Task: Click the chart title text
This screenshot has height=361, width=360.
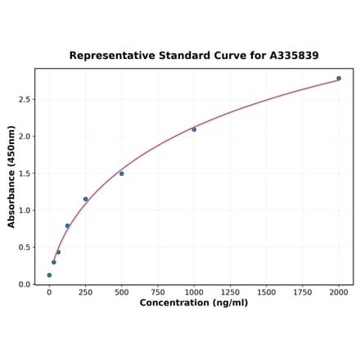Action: click(x=194, y=56)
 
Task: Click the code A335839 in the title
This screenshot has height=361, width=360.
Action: click(x=290, y=56)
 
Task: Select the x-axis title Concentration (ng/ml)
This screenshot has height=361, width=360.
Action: click(x=194, y=303)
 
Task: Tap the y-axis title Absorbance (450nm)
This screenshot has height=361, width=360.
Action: click(x=11, y=176)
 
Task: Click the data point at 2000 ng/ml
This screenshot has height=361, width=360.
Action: click(x=339, y=79)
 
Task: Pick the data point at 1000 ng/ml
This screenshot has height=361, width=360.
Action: click(x=194, y=129)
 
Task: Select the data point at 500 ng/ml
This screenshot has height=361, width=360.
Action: click(x=122, y=174)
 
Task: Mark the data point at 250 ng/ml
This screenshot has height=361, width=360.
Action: click(x=85, y=199)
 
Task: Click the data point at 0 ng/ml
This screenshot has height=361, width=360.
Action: click(x=49, y=275)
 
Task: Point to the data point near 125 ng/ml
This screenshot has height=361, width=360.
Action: click(x=67, y=226)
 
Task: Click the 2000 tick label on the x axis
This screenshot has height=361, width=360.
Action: click(x=339, y=291)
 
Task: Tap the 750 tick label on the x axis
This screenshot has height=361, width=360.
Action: click(x=158, y=291)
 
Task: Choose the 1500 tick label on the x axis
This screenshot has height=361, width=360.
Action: click(x=267, y=291)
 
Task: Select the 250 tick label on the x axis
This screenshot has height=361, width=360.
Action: click(x=85, y=291)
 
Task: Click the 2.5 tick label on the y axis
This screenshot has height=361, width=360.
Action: click(x=25, y=99)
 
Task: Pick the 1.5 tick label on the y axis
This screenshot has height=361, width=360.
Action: click(x=25, y=174)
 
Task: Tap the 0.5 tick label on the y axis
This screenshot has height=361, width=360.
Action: click(x=25, y=247)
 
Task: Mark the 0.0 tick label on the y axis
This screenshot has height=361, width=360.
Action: click(x=25, y=284)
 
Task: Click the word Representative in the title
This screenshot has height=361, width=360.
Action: click(x=107, y=56)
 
